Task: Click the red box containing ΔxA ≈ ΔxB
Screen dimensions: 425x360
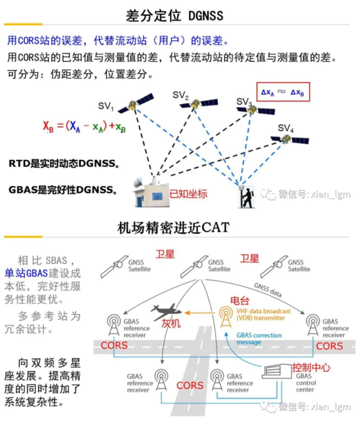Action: coord(283,93)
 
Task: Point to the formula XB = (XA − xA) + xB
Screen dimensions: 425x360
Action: coord(84,127)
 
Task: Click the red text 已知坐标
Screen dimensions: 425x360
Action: coord(189,193)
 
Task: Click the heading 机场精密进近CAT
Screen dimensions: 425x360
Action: coord(173,227)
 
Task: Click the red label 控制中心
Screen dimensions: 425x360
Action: coord(311,367)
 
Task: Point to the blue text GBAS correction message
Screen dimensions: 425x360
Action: coord(259,338)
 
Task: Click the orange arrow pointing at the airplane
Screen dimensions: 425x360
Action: coord(199,313)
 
